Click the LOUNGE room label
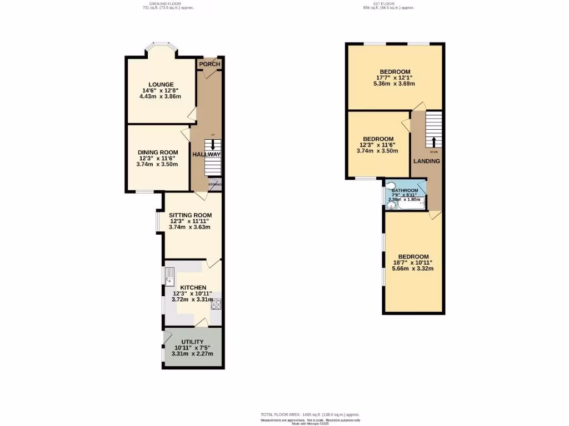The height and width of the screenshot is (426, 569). pos(160,84)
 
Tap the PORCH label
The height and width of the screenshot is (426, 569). pos(209,64)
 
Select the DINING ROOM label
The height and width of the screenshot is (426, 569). pos(158,153)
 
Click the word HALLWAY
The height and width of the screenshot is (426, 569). pos(207,155)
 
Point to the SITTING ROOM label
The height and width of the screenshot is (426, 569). pos(190,215)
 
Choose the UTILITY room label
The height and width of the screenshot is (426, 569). pos(192,342)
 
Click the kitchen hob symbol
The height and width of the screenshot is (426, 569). pos(215,304)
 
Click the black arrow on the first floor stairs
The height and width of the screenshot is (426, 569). pos(433,141)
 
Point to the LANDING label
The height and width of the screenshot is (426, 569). pos(426,161)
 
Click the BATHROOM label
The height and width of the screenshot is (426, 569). pos(405,191)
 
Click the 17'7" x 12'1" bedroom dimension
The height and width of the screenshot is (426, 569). pos(395,78)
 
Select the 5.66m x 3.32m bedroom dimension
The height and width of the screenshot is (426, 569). pos(412,268)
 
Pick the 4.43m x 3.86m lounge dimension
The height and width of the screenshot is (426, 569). pos(160,97)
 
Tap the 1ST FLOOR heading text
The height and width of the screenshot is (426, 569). pos(388,3)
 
